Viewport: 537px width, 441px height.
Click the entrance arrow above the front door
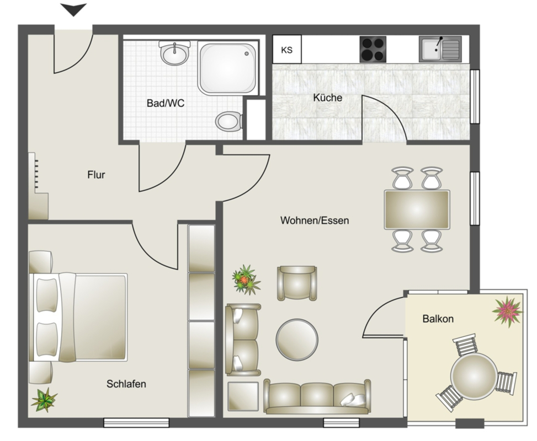coord(73,9)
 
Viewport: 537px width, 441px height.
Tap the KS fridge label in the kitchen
coord(286,50)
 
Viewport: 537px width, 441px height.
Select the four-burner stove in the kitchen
coord(373,49)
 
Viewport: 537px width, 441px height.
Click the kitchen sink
coord(440,49)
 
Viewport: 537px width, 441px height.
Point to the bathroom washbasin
coord(175,53)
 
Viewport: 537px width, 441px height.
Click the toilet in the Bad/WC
coord(229,121)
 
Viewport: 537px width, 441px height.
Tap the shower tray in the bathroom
coord(227,68)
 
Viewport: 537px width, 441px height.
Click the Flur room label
coord(96,175)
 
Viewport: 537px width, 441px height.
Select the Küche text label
coord(328,98)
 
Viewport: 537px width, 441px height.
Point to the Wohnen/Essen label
coord(315,220)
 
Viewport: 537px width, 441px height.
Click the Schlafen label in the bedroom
coord(126,384)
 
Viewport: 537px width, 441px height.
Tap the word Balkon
coord(438,319)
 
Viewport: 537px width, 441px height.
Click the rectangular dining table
coord(417,209)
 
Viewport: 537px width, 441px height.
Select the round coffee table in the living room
coord(297,340)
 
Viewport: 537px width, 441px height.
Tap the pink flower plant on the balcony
coord(508,311)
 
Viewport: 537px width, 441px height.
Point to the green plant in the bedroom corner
coord(44,400)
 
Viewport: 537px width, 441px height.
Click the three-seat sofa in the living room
coord(317,396)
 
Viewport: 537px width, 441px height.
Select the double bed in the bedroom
coord(78,317)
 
